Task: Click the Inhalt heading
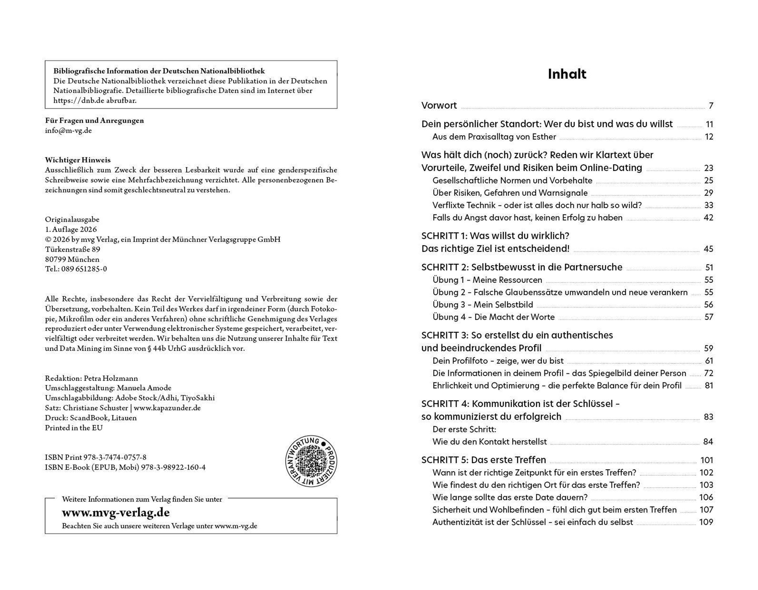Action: point(567,74)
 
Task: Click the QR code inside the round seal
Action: point(311,461)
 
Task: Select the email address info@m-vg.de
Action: point(68,131)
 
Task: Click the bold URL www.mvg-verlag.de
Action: point(116,513)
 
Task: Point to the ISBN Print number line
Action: point(95,457)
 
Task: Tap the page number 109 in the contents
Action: point(706,522)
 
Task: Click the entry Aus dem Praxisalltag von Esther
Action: point(494,137)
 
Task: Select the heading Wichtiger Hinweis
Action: point(78,160)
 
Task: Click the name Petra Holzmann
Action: point(111,378)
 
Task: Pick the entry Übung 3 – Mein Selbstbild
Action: point(482,305)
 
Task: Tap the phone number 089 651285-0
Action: point(84,269)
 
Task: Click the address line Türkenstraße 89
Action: point(73,249)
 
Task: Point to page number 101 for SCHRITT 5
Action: point(706,460)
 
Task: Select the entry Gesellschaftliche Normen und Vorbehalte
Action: point(512,180)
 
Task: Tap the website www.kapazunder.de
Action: point(167,408)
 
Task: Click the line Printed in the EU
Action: point(74,428)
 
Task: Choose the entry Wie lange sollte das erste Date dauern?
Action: point(510,497)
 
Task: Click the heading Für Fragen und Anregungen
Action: point(94,120)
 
